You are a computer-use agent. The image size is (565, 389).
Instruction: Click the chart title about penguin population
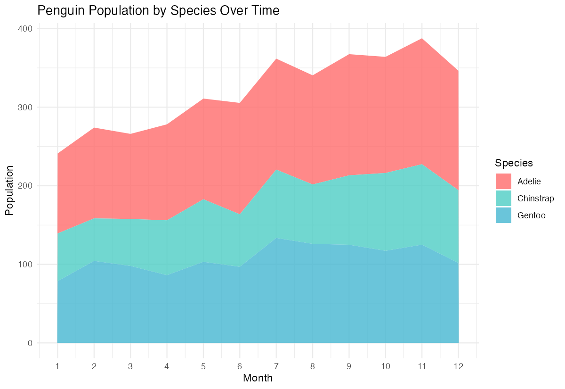click(x=158, y=11)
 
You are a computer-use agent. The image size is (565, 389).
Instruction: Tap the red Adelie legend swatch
click(x=503, y=182)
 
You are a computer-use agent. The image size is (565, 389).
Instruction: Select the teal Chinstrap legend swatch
click(x=503, y=199)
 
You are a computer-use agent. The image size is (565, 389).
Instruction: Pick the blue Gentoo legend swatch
click(x=503, y=215)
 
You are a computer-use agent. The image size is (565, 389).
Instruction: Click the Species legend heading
click(x=514, y=163)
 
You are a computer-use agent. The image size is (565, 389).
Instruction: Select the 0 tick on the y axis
click(x=30, y=343)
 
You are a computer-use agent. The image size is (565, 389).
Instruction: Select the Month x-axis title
click(x=258, y=378)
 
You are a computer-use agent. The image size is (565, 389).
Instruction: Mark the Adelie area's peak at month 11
click(x=422, y=38)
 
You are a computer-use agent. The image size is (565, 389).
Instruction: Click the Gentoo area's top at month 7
click(x=276, y=238)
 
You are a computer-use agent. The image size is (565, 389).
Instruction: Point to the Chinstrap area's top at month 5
click(x=203, y=199)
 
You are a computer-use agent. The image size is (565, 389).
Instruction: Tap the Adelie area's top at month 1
click(x=57, y=154)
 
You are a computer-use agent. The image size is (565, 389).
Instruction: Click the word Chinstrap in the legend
click(x=535, y=199)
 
